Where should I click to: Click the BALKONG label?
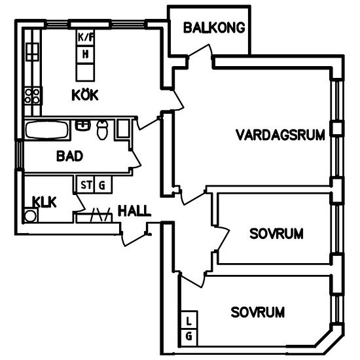click(x=214, y=27)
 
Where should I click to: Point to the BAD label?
click(x=69, y=156)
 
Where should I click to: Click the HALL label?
click(x=134, y=211)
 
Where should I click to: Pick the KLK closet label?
click(x=44, y=202)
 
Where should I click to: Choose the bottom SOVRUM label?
click(x=258, y=312)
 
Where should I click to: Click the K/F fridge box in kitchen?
click(x=86, y=38)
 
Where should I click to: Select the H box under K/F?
click(x=86, y=54)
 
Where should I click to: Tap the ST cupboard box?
click(x=85, y=185)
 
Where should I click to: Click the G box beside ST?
click(x=101, y=185)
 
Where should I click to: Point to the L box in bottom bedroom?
click(x=189, y=321)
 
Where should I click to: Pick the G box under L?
click(x=189, y=336)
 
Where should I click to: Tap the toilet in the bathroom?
click(x=102, y=130)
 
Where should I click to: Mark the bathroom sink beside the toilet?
click(x=83, y=124)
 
